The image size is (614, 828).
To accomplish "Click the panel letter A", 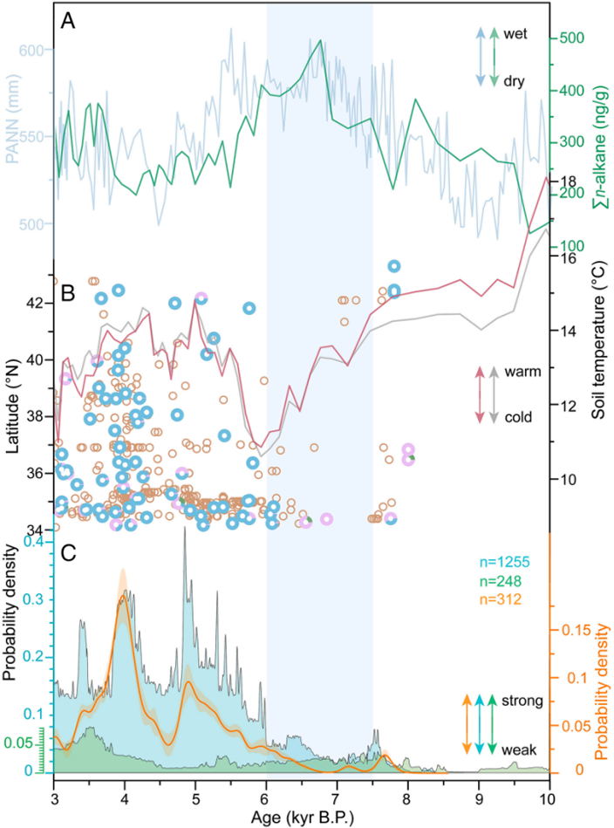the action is pos(68,21).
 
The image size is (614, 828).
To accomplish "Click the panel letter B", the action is pos(68,293).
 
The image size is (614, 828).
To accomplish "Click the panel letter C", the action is pos(69,553).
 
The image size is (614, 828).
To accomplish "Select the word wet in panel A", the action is pos(515,34).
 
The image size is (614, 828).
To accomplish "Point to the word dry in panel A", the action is pos(514,82).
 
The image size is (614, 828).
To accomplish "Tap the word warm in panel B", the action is pos(522,372).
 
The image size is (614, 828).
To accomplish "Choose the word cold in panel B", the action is pos(518,417).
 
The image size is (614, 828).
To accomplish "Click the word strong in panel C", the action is pos(522,701).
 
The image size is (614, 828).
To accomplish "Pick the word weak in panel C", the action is pos(519,749).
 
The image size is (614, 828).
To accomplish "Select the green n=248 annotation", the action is pos(500,581).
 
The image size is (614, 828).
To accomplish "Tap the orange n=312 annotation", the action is pos(500,599).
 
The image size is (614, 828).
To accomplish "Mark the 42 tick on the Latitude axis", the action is pos(39,304).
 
